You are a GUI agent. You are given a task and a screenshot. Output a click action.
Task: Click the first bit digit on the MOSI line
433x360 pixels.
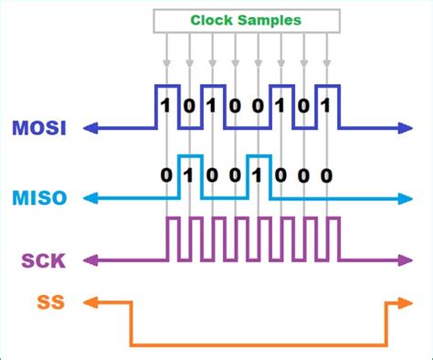pyautogui.click(x=165, y=105)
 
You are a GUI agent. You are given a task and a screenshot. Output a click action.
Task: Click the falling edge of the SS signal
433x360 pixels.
pyautogui.click(x=132, y=323)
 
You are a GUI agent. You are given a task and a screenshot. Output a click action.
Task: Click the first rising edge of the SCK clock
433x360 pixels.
pyautogui.click(x=165, y=238)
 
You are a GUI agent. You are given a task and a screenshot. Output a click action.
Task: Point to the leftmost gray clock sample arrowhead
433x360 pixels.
pyautogui.click(x=165, y=64)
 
